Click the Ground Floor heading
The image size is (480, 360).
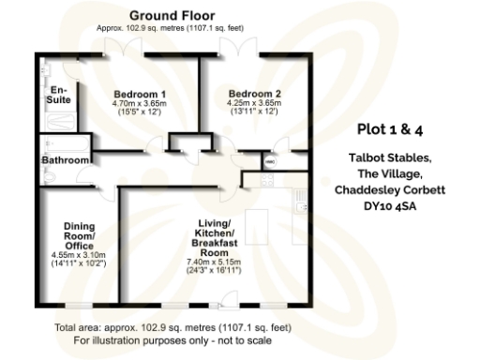172,16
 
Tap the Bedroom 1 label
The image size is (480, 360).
140,95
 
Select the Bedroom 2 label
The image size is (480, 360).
255,94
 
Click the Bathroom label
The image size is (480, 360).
65,160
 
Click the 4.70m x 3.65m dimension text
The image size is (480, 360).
140,106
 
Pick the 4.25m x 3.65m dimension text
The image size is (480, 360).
255,105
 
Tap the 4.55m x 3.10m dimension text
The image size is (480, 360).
84,254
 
